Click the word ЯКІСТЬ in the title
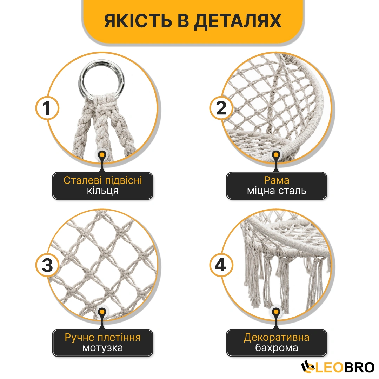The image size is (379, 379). [138, 21]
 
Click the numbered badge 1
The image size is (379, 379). [47, 108]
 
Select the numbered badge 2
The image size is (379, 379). [221, 108]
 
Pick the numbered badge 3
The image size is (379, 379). [47, 265]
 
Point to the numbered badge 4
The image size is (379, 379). [221, 265]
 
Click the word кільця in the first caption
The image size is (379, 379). [103, 191]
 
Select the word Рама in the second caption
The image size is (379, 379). [277, 180]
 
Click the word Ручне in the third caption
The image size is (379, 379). [79, 338]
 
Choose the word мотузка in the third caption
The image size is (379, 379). [103, 348]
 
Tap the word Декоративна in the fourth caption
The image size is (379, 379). [277, 338]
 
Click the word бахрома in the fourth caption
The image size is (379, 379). [277, 348]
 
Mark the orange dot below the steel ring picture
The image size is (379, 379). [102, 155]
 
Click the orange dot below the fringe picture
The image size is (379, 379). [276, 312]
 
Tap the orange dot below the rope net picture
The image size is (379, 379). [102, 312]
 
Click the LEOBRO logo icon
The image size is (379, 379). [308, 367]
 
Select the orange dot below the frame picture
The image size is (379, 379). [276, 155]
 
